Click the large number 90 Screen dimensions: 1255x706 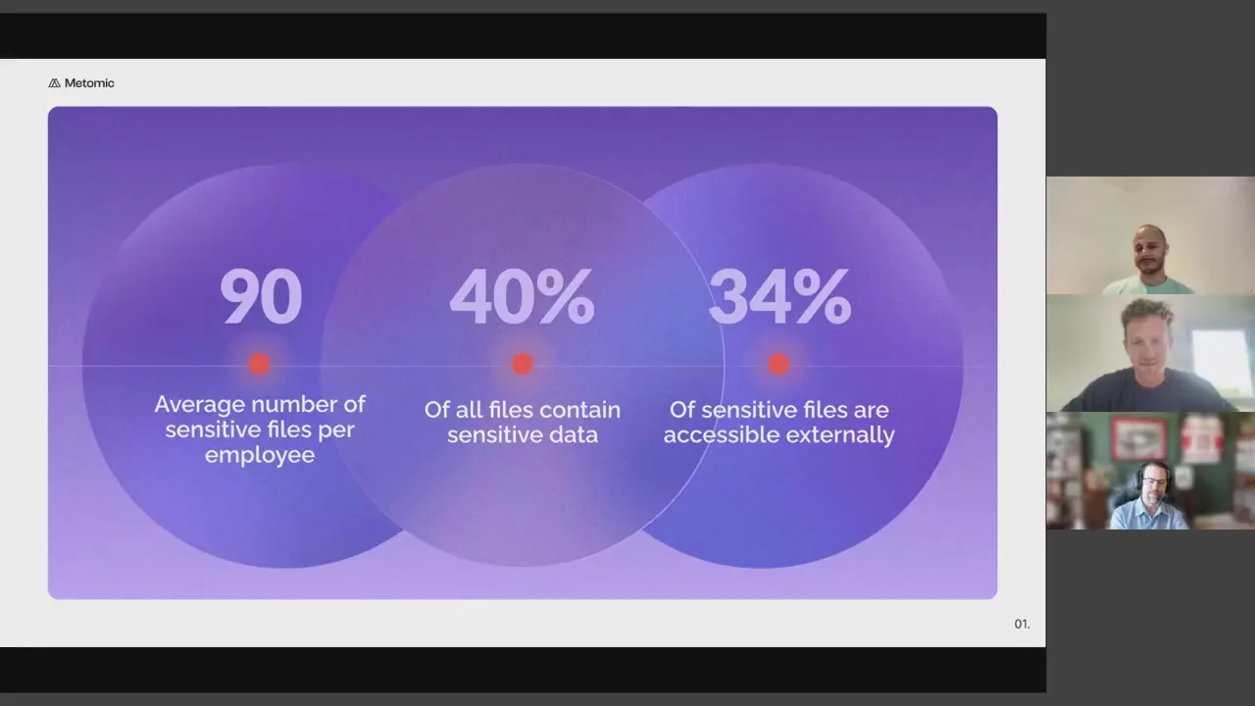pos(261,296)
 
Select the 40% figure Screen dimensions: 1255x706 pos(523,296)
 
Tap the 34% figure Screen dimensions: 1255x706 pos(779,296)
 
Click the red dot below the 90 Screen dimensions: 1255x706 pos(260,364)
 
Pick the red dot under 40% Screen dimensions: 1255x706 pos(523,364)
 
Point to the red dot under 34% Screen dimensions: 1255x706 pos(778,364)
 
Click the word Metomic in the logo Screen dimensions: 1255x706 pos(89,83)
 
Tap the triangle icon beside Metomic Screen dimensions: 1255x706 pos(54,83)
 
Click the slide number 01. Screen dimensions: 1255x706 pos(1022,624)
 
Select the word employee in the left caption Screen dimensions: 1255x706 pos(260,455)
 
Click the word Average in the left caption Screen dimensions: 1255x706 pos(199,404)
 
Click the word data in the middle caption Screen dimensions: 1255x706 pos(574,434)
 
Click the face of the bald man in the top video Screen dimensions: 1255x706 pos(1150,252)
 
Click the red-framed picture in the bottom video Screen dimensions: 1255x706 pos(1139,439)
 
